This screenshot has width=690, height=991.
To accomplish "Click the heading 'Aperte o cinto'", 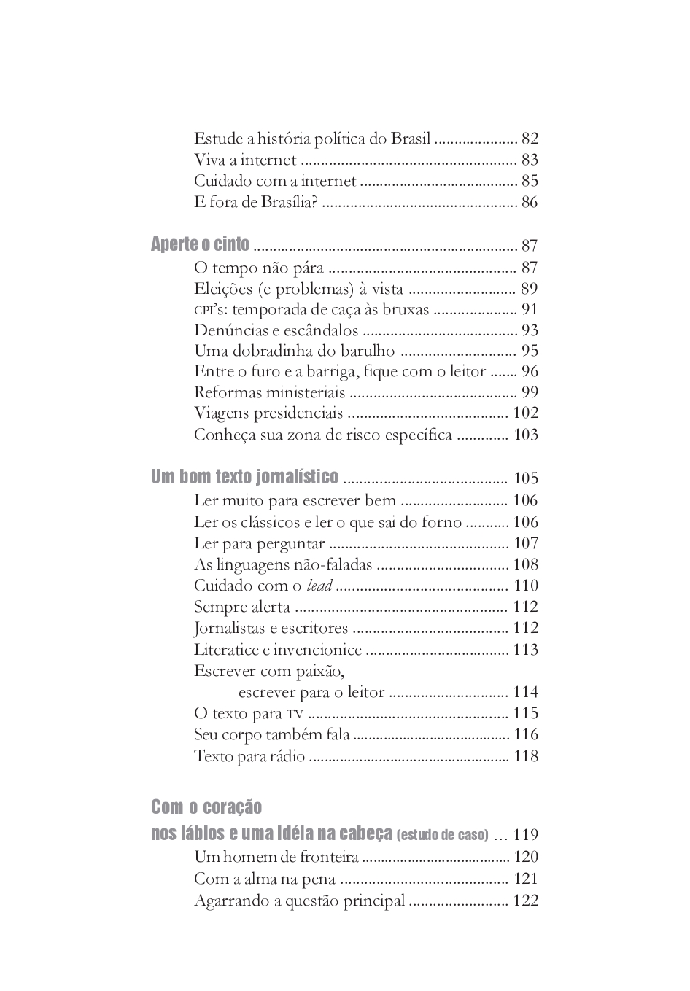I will pos(200,244).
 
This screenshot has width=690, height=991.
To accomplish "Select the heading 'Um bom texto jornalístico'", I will pos(244,477).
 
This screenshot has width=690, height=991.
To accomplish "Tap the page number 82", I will pos(530,139).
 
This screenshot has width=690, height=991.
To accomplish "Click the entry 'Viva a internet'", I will pos(245,160).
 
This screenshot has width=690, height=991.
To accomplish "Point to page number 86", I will pos(530,202).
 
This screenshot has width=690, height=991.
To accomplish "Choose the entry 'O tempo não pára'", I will pos(259,268).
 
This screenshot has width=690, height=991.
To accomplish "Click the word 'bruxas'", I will pos(406,309).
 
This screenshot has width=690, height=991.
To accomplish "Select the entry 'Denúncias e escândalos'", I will pos(276,330).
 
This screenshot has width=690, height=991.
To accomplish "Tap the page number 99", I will pos(530,392).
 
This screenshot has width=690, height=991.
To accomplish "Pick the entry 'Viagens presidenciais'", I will pos(268,413).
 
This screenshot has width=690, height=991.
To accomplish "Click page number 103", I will pos(525,435).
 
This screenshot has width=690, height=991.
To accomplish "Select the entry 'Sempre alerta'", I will pos(242,607).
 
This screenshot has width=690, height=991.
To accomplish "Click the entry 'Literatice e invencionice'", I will pos(278,650).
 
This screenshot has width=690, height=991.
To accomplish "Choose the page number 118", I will pos(525,756).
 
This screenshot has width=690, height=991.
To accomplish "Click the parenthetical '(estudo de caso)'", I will pos(443,835).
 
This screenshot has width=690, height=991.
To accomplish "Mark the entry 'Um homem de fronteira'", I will pos(276,857).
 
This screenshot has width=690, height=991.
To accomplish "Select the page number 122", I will pos(525,901).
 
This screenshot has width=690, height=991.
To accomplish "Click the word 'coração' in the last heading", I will pos(232,807).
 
